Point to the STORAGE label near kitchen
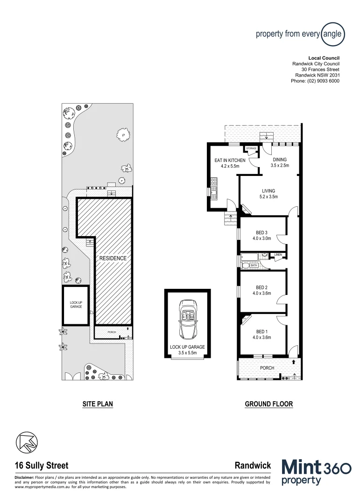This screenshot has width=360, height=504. coord(251,148)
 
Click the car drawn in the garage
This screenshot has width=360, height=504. coord(187,320)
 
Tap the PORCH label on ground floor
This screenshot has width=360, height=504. coord(267,368)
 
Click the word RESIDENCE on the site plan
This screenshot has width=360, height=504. coord(112,258)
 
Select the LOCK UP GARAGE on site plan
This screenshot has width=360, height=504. coord(76,305)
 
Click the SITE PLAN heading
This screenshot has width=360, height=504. coord(98,404)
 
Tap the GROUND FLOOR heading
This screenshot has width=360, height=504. coord(268,404)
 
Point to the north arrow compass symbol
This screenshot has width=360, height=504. coord(26,442)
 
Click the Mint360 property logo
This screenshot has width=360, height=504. coord(316,473)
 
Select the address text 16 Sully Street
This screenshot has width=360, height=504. coord(42,465)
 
